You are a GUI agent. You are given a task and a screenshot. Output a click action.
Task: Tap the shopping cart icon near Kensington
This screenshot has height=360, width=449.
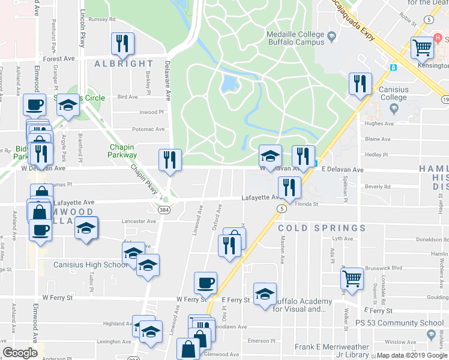pyautogui.click(x=423, y=47)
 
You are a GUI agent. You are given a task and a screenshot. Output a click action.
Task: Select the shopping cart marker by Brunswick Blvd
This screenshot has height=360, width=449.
pyautogui.click(x=351, y=278)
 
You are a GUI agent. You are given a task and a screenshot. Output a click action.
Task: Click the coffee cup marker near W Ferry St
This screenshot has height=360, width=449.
pyautogui.click(x=205, y=282)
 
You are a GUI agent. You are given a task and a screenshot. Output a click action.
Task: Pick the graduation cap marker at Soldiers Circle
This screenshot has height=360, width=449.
pyautogui.click(x=68, y=105)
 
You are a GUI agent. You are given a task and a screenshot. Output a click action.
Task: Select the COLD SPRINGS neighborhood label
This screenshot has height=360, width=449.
pyautogui.click(x=322, y=228)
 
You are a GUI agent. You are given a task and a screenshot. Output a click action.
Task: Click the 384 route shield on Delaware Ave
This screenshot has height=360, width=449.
pyautogui.click(x=163, y=210)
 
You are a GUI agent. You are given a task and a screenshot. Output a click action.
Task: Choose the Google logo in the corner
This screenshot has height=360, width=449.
pyautogui.click(x=20, y=353)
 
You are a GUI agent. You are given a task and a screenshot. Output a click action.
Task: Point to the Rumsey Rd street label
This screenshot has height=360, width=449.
pyautogui.click(x=101, y=19)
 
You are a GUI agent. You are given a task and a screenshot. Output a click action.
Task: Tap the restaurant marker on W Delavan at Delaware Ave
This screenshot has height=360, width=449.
pyautogui.click(x=169, y=160)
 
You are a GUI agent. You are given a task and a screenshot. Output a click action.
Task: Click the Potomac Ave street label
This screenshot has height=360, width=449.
pyautogui.click(x=148, y=129)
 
